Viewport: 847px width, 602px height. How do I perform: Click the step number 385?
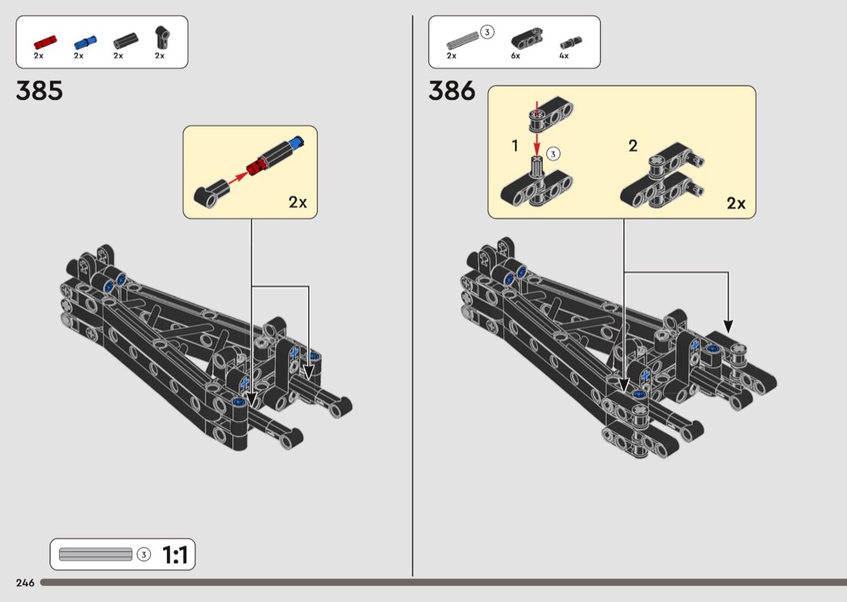[x=39, y=91]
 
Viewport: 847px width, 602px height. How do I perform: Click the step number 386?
[x=452, y=91]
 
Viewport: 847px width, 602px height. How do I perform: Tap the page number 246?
[x=25, y=583]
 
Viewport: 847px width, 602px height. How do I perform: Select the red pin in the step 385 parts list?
[x=45, y=42]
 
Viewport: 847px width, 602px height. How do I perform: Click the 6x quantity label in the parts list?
[x=515, y=56]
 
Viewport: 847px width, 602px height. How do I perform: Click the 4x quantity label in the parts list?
[x=564, y=56]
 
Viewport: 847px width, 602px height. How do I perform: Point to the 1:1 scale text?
[x=175, y=555]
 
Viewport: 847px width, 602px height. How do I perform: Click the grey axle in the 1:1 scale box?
[x=96, y=554]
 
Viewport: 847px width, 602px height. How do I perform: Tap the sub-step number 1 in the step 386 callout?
[x=515, y=146]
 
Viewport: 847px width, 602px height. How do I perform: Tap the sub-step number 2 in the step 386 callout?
[x=633, y=146]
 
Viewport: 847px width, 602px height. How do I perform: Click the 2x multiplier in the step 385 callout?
[x=298, y=202]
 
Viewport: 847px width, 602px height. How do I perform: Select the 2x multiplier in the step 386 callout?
[x=736, y=203]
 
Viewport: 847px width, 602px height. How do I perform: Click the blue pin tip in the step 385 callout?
[x=296, y=141]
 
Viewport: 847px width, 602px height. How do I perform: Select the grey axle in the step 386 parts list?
[x=463, y=41]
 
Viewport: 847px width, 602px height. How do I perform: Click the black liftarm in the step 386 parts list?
[x=526, y=39]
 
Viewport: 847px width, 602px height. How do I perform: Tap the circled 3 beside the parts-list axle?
[x=486, y=32]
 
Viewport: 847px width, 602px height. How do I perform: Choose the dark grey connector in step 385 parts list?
[x=125, y=41]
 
